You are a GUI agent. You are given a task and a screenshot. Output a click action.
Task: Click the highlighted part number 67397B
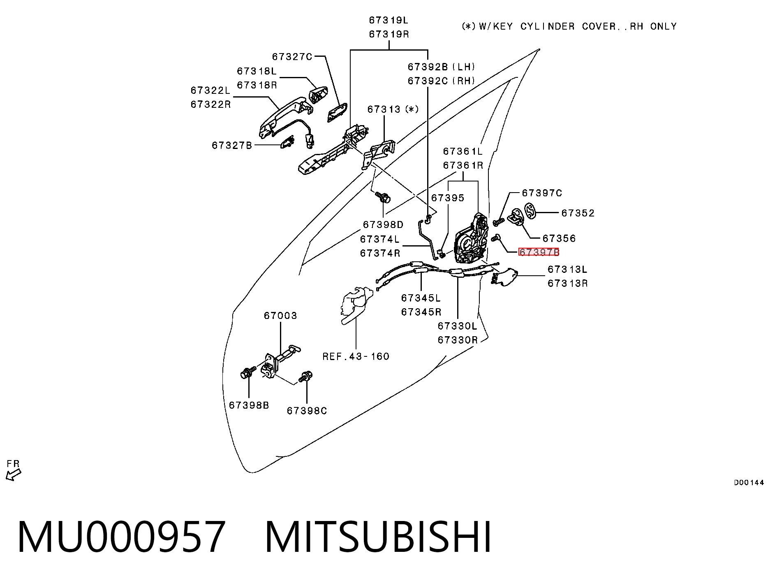pyautogui.click(x=539, y=252)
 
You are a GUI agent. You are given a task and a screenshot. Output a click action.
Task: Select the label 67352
pyautogui.click(x=578, y=213)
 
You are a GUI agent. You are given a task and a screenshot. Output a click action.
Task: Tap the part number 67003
pyautogui.click(x=280, y=316)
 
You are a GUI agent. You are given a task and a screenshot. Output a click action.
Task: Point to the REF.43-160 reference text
pyautogui.click(x=356, y=356)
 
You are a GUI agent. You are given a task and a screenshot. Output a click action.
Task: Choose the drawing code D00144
pyautogui.click(x=749, y=482)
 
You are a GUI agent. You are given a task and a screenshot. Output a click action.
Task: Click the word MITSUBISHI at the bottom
pyautogui.click(x=378, y=537)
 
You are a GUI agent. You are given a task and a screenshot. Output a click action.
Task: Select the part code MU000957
pyautogui.click(x=121, y=537)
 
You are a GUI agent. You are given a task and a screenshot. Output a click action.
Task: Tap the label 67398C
pyautogui.click(x=307, y=411)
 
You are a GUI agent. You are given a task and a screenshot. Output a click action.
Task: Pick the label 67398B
pyautogui.click(x=249, y=405)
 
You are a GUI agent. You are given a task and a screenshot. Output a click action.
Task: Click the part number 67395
pyautogui.click(x=448, y=198)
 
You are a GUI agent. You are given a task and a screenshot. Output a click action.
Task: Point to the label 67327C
pyautogui.click(x=292, y=56)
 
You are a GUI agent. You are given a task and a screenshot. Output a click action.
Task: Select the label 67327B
pyautogui.click(x=232, y=145)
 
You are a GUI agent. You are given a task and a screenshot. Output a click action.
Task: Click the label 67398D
pyautogui.click(x=383, y=225)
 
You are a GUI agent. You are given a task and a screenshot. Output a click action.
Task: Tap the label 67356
pyautogui.click(x=559, y=238)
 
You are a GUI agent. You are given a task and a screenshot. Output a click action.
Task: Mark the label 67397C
pyautogui.click(x=542, y=193)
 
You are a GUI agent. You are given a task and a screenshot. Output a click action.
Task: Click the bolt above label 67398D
pyautogui.click(x=383, y=198)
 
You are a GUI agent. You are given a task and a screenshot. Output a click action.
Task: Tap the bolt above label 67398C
pyautogui.click(x=306, y=376)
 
